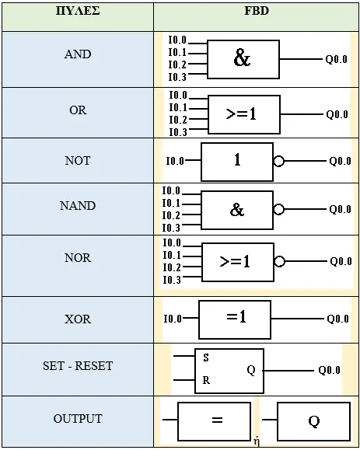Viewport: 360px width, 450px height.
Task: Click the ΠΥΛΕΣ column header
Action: (78, 11)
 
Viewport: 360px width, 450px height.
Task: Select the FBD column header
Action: (257, 11)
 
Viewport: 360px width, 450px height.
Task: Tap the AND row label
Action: (78, 54)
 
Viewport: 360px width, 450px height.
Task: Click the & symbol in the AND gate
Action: (242, 58)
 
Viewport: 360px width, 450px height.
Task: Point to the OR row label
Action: (78, 110)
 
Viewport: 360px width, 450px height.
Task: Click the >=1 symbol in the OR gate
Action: (241, 114)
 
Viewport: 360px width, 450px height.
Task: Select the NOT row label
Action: (78, 160)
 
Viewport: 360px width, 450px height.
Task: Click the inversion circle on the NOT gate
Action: (278, 161)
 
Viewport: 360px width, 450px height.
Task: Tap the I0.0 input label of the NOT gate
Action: (175, 161)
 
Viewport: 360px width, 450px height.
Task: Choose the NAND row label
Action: (78, 206)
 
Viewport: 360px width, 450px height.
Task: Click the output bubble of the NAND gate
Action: (278, 209)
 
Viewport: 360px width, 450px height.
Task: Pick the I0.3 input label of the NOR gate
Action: (172, 280)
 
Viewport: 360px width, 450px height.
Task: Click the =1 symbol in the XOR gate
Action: (236, 317)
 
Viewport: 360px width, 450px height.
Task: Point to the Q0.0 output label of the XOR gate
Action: (338, 319)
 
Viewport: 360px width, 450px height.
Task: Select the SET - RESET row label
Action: (78, 366)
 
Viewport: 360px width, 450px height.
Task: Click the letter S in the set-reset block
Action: (206, 358)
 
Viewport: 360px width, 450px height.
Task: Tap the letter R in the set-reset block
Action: (206, 380)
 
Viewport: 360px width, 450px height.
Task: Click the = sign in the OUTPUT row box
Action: (217, 420)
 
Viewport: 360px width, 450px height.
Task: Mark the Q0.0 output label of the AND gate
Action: (336, 59)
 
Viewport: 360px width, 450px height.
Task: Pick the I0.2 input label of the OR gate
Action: (178, 120)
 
